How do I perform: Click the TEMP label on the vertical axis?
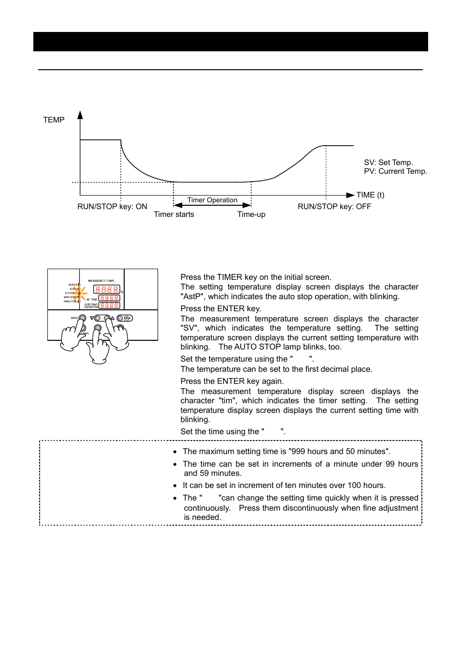(x=54, y=120)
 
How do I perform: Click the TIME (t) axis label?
(x=370, y=195)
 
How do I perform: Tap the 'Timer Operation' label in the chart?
(x=212, y=200)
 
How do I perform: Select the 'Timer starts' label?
(x=174, y=214)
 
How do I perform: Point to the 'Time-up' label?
(x=251, y=214)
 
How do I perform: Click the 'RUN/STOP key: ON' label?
(x=112, y=207)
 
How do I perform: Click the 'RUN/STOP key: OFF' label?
(x=334, y=207)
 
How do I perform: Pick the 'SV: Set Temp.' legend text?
(x=389, y=163)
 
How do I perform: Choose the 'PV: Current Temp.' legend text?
(x=395, y=171)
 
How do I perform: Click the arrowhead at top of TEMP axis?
(x=80, y=115)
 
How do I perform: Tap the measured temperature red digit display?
(x=107, y=289)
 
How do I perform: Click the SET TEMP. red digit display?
(x=110, y=298)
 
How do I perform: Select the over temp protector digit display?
(x=110, y=305)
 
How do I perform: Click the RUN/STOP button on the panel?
(x=120, y=318)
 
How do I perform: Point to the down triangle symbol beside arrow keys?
(x=92, y=318)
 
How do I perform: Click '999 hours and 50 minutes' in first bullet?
(x=339, y=452)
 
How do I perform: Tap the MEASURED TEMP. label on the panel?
(x=101, y=281)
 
